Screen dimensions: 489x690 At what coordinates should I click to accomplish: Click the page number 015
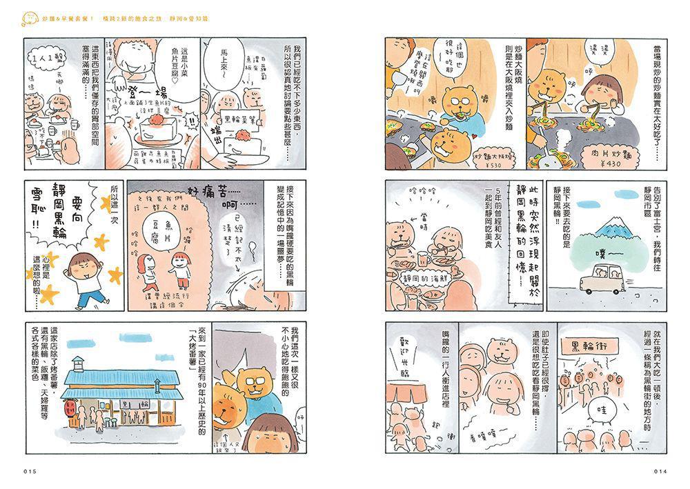(28, 471)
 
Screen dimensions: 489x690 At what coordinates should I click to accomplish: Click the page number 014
(662, 471)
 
